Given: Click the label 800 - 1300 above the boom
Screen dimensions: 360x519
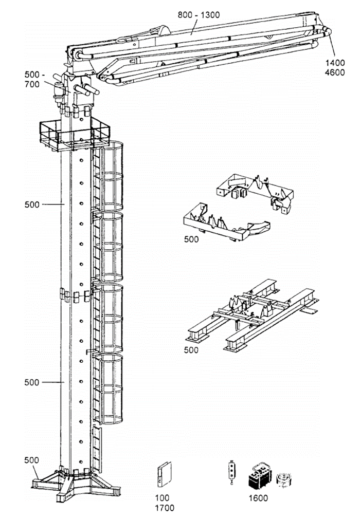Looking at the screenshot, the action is click(x=199, y=15).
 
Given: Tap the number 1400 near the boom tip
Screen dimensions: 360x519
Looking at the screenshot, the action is click(x=335, y=63).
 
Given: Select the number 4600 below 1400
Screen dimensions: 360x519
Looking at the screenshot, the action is click(x=335, y=72).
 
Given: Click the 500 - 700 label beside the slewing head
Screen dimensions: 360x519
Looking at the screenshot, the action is click(x=32, y=80).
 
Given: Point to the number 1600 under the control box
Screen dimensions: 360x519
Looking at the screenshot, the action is click(x=258, y=498).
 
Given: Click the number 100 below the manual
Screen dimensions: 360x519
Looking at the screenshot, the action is click(x=163, y=498).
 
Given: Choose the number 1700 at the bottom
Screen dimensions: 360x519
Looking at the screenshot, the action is click(x=165, y=507).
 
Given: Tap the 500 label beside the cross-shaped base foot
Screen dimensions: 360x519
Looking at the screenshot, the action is click(x=31, y=460).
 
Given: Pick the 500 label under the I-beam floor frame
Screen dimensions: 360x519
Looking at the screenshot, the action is click(x=191, y=350).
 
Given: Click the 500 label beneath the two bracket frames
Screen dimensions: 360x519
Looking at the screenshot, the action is click(x=191, y=239).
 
